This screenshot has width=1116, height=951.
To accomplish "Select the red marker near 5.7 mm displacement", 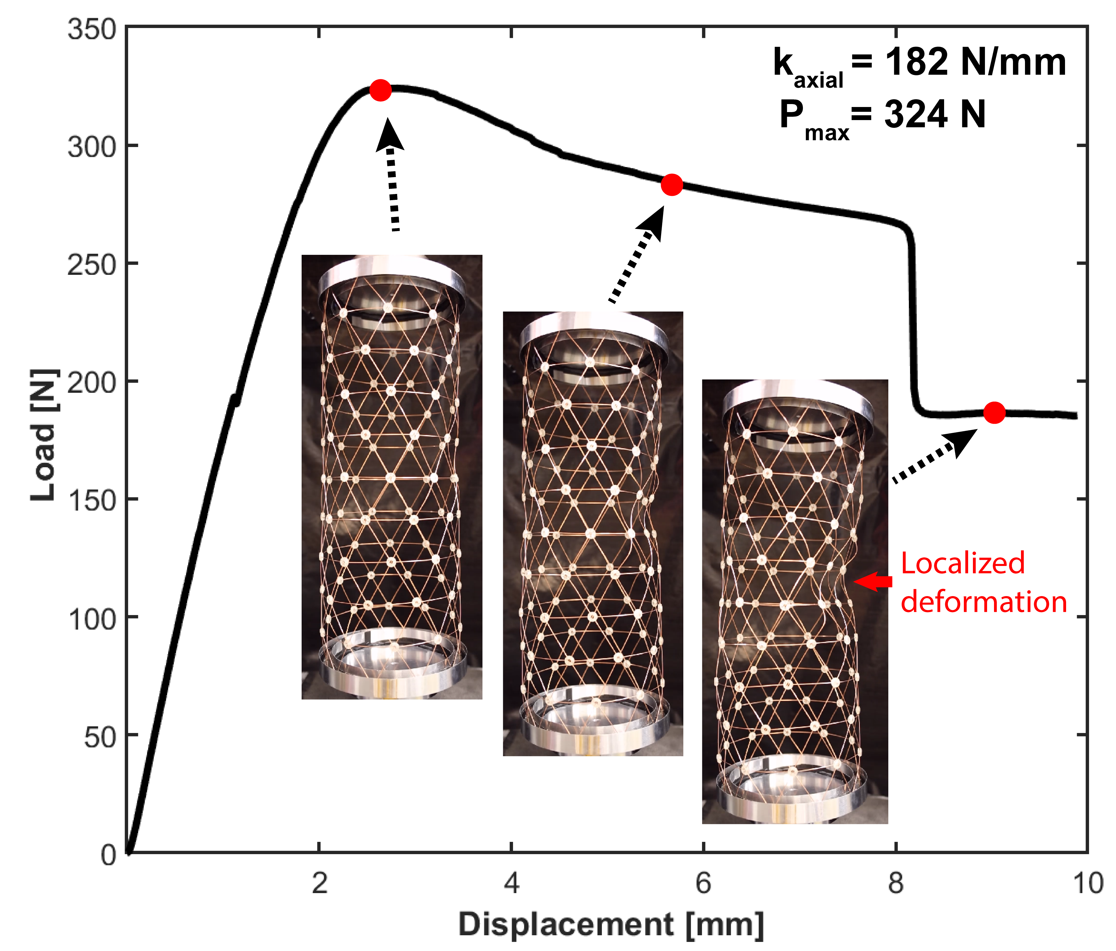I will [x=671, y=185].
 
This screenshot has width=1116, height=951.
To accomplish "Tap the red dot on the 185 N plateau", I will [x=994, y=413].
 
